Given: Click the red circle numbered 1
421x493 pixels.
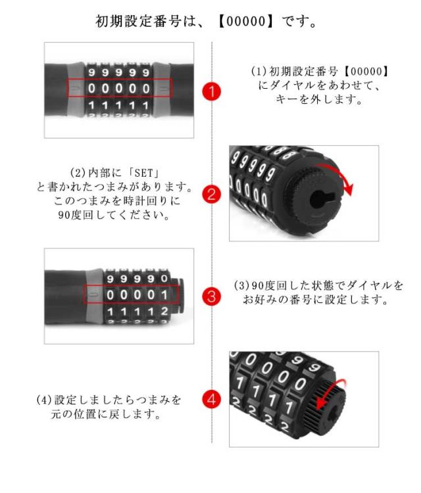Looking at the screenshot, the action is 211,91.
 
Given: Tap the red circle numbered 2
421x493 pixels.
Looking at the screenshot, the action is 211,194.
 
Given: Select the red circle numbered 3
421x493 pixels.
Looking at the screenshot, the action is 211,296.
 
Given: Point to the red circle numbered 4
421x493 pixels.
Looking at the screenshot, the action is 211,399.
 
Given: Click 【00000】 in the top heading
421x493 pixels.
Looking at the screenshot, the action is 247,22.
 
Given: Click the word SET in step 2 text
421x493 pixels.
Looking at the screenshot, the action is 144,174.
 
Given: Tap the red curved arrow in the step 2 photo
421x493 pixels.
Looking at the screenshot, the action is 338,176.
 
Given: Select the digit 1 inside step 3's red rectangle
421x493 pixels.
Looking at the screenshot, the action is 164,295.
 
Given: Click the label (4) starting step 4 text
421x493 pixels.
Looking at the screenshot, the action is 44,400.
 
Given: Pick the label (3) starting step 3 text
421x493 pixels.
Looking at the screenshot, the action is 241,285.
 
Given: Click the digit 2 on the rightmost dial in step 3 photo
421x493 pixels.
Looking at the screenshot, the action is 164,312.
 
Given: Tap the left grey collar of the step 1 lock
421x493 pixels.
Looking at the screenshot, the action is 75,89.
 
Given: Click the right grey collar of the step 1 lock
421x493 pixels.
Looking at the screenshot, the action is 161,89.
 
